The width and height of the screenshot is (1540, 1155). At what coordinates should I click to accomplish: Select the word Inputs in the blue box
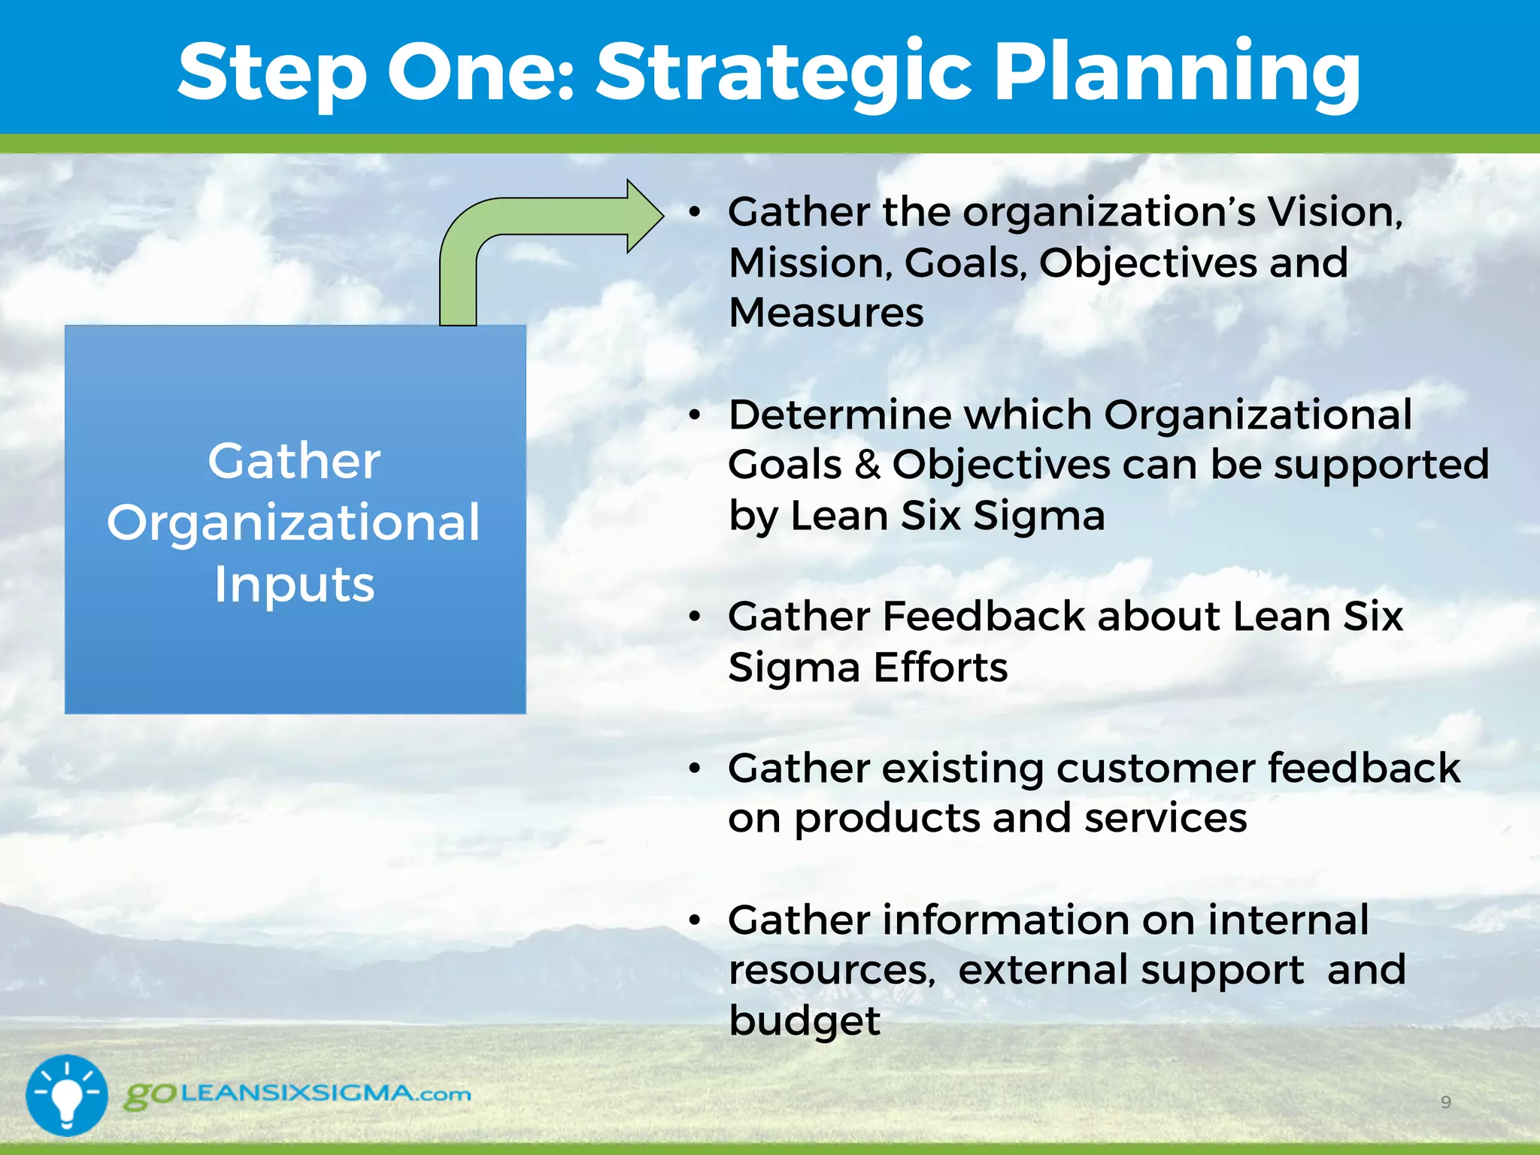294,584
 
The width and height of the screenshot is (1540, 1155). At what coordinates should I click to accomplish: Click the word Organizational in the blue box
293,523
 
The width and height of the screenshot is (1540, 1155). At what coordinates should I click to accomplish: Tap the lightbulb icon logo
67,1095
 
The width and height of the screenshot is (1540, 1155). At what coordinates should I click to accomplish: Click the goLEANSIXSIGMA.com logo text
298,1094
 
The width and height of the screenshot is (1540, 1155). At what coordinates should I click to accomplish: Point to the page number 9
1445,1102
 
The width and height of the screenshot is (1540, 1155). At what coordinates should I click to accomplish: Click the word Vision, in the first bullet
1335,212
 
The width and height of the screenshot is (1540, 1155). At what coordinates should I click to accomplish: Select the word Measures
826,313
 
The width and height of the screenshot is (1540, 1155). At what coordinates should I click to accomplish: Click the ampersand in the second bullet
867,465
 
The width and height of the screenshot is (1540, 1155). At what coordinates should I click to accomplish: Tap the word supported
1381,465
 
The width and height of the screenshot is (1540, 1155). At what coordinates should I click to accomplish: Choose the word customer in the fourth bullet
1155,768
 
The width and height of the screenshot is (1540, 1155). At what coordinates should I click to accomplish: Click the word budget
805,1021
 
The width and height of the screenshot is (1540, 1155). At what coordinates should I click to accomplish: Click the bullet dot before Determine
695,415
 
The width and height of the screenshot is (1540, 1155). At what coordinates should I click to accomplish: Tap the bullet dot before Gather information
695,920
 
